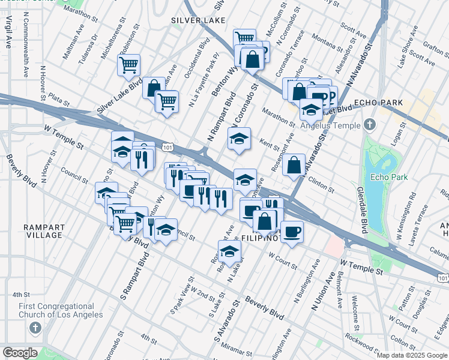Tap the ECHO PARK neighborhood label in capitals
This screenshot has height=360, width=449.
[x=378, y=103]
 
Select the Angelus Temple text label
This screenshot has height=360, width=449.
[x=336, y=125]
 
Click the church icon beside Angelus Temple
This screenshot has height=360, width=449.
[x=370, y=125]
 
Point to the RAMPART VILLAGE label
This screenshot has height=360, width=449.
[x=43, y=231]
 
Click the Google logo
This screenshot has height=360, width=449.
[x=20, y=353]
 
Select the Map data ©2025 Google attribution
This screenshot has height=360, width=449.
[x=411, y=355]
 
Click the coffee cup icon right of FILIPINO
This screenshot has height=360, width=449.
[x=292, y=232]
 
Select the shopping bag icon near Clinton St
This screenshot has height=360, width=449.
[x=294, y=165]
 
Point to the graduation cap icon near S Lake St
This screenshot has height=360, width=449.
[x=229, y=251]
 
